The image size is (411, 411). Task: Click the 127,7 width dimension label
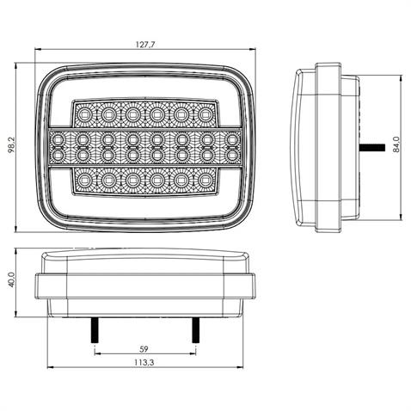tap(144, 44)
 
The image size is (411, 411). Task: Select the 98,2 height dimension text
tap(11, 149)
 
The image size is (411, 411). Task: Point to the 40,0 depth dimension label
tap(11, 283)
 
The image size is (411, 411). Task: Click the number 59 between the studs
tap(144, 348)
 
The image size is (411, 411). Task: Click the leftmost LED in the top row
tap(85, 113)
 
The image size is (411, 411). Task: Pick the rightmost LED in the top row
tap(205, 113)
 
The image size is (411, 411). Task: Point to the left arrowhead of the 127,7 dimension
tap(39, 53)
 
